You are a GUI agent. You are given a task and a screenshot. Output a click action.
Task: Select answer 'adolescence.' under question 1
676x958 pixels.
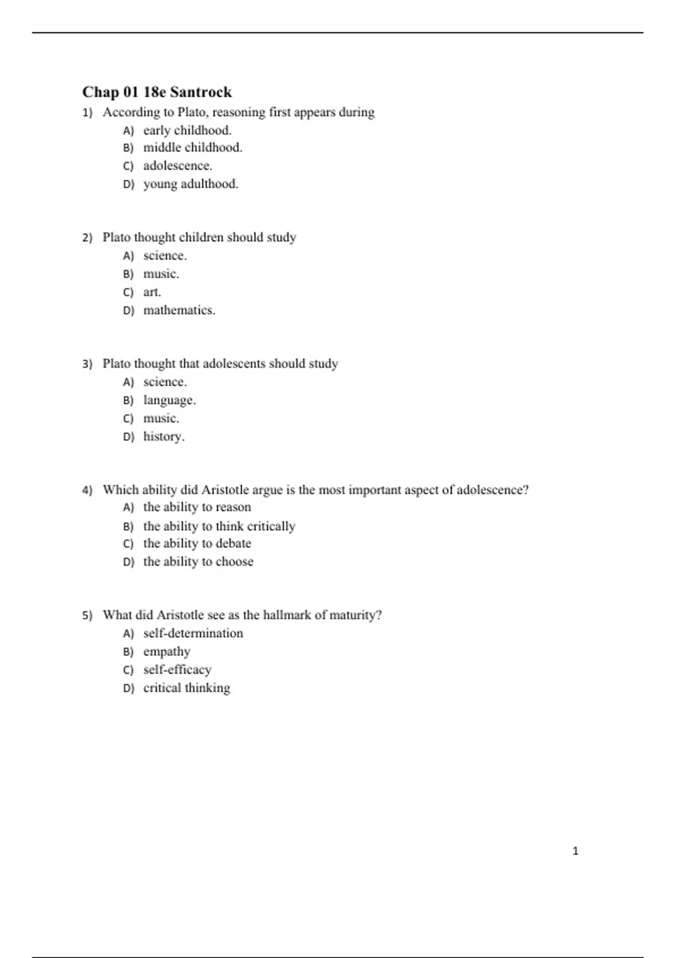[x=177, y=166]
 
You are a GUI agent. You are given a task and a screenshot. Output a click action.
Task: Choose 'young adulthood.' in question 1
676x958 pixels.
[x=190, y=184]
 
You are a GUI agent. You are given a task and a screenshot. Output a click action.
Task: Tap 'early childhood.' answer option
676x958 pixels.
[x=187, y=130]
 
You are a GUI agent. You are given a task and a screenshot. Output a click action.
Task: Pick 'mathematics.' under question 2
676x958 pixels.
[x=179, y=310]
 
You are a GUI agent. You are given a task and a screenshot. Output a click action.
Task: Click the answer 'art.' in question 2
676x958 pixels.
[x=152, y=292]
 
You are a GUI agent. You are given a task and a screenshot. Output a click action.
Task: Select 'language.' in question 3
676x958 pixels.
[x=170, y=400]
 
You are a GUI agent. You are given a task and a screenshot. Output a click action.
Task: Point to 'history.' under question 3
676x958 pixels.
[x=164, y=436]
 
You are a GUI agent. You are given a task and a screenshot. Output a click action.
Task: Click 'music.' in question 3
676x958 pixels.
[x=161, y=418]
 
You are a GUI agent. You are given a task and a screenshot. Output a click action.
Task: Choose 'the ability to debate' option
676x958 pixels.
[x=197, y=543]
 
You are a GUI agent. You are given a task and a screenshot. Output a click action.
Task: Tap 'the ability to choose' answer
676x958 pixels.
[x=198, y=561]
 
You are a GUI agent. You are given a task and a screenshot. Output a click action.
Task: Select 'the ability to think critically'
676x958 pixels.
[x=219, y=526]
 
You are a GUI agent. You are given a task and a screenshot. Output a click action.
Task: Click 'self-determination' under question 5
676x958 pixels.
[x=193, y=633]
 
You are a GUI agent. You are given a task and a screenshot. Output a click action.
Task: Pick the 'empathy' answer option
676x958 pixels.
[x=167, y=651]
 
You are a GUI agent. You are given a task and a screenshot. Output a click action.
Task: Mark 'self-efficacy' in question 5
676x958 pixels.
[x=177, y=669]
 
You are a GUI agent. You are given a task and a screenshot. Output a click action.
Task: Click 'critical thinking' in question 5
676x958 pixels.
[x=186, y=688]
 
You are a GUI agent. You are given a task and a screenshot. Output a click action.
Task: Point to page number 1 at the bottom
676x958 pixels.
[x=575, y=851]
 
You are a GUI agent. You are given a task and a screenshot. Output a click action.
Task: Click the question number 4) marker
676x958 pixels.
[x=87, y=490]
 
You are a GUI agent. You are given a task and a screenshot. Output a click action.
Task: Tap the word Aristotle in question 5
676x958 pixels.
[x=180, y=615]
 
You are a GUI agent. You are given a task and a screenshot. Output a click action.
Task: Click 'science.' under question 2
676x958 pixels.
[x=165, y=256]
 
